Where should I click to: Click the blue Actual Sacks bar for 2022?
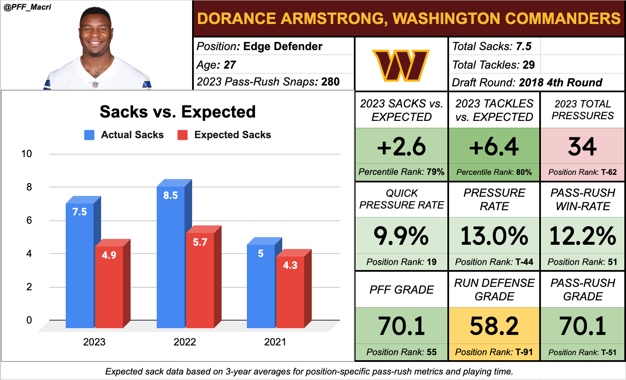[x=171, y=257]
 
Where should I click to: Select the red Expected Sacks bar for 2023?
[x=109, y=286]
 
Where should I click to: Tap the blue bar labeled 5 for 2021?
[x=261, y=286]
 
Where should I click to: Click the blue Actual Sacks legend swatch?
[x=89, y=135]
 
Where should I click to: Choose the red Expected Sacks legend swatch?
[x=182, y=135]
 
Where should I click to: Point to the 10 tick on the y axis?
[x=27, y=154]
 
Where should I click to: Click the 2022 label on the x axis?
[x=185, y=342]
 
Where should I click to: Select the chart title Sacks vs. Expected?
[x=177, y=112]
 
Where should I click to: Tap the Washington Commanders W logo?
[x=401, y=65]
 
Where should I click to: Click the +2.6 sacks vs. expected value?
[x=401, y=147]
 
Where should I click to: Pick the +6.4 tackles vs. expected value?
[x=494, y=147]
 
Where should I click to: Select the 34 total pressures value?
[x=582, y=147]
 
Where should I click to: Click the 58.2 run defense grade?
[x=494, y=326]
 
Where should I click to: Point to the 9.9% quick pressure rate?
[x=401, y=236]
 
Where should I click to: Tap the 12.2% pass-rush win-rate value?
[x=583, y=236]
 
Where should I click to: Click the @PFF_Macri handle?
[x=27, y=7]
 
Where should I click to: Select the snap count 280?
[x=330, y=82]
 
